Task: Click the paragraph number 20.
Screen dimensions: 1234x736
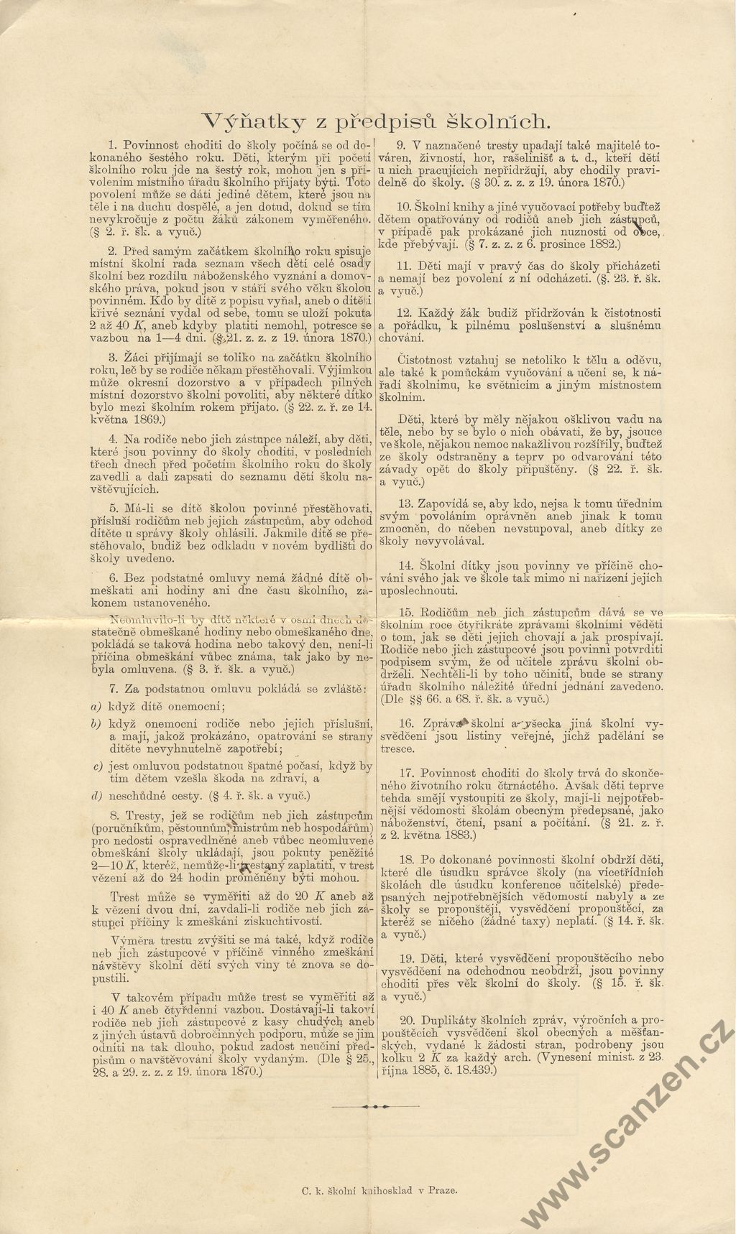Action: [406, 1020]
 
